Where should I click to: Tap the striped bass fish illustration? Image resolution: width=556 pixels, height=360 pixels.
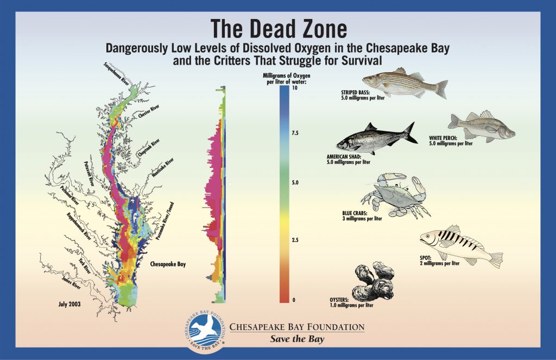[405, 83]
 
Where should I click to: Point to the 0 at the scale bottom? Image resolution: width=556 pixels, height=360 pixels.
[293, 300]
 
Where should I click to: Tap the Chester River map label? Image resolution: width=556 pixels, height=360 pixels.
[148, 115]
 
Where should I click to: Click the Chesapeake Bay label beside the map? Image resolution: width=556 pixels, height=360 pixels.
[168, 264]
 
